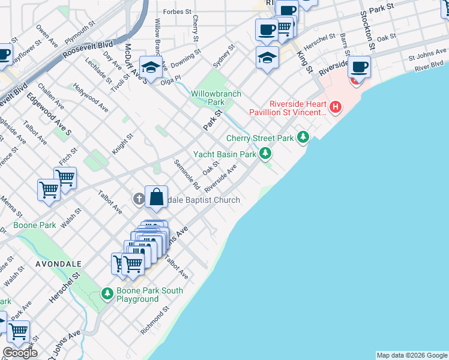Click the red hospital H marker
coord(336,107)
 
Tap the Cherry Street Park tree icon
coord(303,138)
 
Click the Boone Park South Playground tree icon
coord(107,293)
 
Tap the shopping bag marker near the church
coord(156,196)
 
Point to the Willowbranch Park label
coord(216,98)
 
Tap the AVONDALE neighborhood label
coord(58,263)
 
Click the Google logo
coord(20,353)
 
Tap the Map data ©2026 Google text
coord(412,355)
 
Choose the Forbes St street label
coord(177,11)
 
